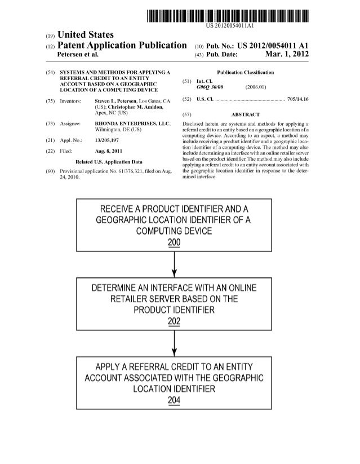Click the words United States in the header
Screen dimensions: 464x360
click(86, 35)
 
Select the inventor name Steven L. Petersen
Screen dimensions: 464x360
click(118, 100)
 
